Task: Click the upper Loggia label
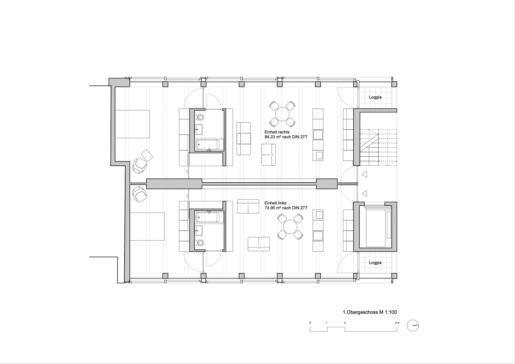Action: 375,97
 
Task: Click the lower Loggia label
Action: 375,263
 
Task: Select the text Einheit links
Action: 276,203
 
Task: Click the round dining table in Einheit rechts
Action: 282,114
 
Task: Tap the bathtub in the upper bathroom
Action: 210,145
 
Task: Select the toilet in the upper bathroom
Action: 200,117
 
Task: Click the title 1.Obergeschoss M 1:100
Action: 370,312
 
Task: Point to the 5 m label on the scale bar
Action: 397,323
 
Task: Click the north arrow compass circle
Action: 413,326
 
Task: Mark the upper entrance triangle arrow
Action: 364,175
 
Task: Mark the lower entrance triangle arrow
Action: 364,193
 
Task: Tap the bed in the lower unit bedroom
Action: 147,226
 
